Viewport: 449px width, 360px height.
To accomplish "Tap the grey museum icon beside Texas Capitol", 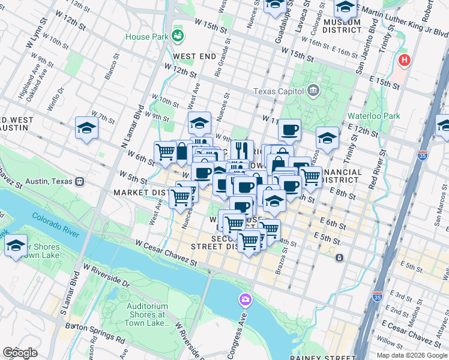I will coord(313,91).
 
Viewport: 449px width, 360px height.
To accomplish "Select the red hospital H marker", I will coord(405,60).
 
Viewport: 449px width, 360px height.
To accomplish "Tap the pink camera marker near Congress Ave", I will coord(245,299).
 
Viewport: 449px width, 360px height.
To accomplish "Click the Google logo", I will coord(20,353).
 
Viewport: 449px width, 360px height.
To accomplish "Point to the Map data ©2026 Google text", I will coord(411,355).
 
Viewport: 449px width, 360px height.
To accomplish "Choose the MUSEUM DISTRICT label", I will coord(342,27).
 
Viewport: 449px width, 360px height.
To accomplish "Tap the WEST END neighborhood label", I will coord(194,56).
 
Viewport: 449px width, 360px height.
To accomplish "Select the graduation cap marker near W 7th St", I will coord(87,128).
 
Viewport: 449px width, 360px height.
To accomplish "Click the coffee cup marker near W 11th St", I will coord(289,129).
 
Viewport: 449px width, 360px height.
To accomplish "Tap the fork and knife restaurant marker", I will coord(242,149).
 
